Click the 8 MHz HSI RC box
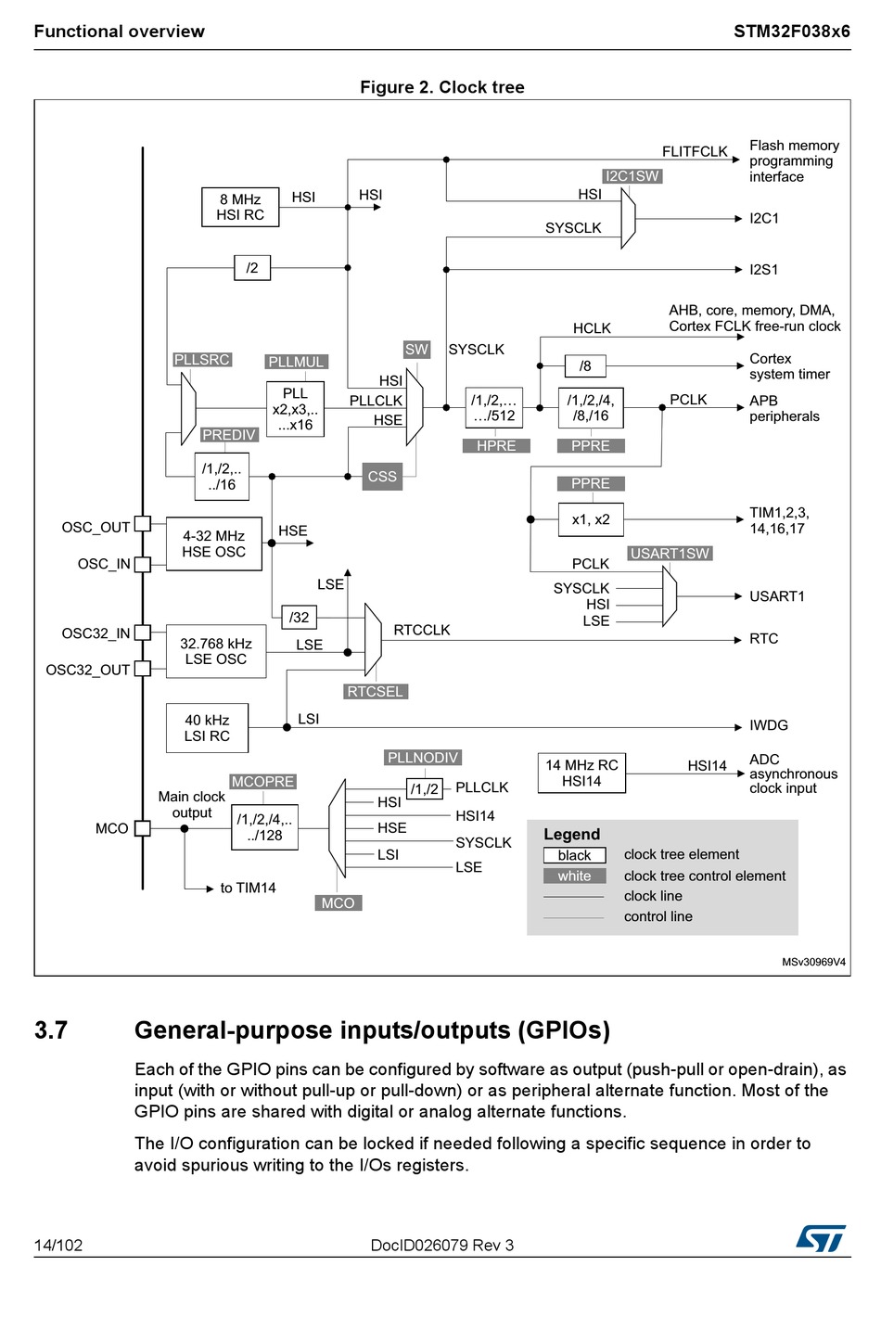point(240,207)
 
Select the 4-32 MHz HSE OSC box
point(213,543)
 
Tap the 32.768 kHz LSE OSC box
point(215,651)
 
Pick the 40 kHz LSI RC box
point(207,728)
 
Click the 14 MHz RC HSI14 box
point(581,773)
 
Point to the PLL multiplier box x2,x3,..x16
point(295,409)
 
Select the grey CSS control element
point(382,477)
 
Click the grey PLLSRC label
point(202,360)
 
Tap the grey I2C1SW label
point(632,176)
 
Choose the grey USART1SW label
point(670,554)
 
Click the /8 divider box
point(585,366)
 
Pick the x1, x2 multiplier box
point(591,519)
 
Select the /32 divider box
point(299,618)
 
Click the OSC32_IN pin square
point(143,633)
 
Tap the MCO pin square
point(143,828)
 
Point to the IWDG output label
point(769,725)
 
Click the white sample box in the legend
point(574,876)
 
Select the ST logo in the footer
point(820,1238)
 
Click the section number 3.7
point(51,1030)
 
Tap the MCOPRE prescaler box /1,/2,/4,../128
point(264,827)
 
